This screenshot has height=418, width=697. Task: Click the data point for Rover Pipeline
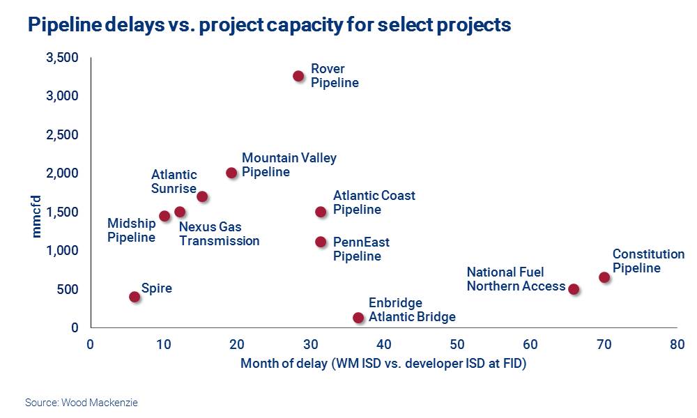click(298, 76)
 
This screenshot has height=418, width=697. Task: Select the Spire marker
click(135, 297)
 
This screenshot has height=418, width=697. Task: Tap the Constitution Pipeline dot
click(604, 277)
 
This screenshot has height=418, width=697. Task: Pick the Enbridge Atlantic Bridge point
click(358, 318)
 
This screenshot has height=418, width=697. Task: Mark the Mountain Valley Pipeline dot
click(231, 173)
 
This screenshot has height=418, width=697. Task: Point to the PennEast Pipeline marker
click(321, 242)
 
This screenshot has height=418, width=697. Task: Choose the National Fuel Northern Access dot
click(574, 289)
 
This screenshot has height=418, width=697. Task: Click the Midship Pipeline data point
click(164, 216)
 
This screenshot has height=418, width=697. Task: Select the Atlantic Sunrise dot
click(202, 196)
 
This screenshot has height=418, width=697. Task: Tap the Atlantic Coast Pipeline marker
click(321, 212)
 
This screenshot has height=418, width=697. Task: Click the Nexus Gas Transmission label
click(219, 234)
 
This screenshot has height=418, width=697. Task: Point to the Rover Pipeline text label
click(335, 76)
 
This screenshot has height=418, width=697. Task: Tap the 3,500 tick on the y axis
click(62, 57)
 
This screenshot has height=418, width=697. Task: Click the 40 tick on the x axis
click(383, 343)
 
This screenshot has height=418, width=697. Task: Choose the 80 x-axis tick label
click(676, 343)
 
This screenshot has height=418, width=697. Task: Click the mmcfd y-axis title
click(37, 216)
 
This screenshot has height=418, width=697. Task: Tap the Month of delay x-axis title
click(383, 363)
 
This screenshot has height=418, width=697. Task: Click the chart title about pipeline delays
click(269, 25)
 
